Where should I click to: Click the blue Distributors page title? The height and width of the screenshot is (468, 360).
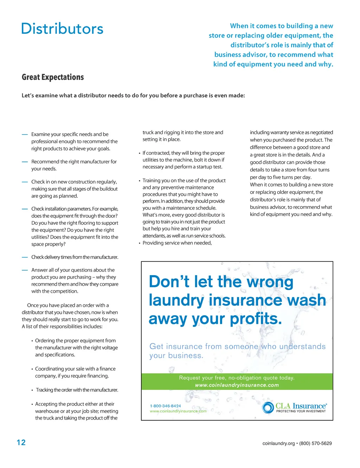click(62, 29)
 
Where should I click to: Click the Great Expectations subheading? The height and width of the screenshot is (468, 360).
click(53, 77)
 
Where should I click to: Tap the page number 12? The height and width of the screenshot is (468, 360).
click(21, 443)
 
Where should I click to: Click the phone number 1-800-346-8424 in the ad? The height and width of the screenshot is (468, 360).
click(165, 406)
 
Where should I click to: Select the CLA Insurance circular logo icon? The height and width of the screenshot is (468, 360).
click(268, 407)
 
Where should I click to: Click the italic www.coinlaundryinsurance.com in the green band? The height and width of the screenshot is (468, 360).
click(237, 385)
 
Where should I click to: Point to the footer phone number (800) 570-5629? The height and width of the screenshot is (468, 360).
click(315, 443)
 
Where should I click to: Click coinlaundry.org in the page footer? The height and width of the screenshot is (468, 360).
click(278, 443)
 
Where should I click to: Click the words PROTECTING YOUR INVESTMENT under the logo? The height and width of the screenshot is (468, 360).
click(301, 411)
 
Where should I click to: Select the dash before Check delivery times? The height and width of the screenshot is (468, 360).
click(25, 257)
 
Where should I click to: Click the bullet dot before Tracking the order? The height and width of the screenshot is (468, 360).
click(32, 390)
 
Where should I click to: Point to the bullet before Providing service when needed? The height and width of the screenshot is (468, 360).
click(139, 243)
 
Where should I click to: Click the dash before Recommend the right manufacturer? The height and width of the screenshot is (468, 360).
click(25, 162)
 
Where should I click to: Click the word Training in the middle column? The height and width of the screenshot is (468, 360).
click(152, 181)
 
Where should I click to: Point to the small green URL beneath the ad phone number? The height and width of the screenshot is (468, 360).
click(178, 411)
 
